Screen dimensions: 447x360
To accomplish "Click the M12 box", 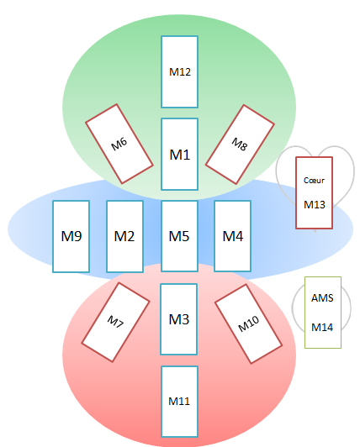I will pos(179,71).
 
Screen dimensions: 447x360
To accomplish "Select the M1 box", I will pos(179,155).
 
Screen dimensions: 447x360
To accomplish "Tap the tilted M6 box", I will pos(119,144).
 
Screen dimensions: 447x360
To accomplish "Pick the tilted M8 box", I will pos(240,144).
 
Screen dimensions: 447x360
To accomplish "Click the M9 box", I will pos(71,236).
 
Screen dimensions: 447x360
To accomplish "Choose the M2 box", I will pos(124,236).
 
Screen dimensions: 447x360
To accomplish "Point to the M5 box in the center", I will pos(179,236).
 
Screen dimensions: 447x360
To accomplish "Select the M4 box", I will pos(233,236).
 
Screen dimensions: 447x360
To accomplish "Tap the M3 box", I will pos(179,318).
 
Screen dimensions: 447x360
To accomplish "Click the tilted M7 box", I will pos(115,322).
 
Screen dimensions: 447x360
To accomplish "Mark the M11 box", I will pos(179,401).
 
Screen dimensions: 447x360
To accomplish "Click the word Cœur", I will pos(315,180).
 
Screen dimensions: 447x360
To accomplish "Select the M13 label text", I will pos(315,204).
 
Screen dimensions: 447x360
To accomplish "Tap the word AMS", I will pos(322,298).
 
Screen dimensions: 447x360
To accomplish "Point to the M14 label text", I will pos(322,327).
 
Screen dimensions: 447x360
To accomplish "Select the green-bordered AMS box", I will pos(322,313).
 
